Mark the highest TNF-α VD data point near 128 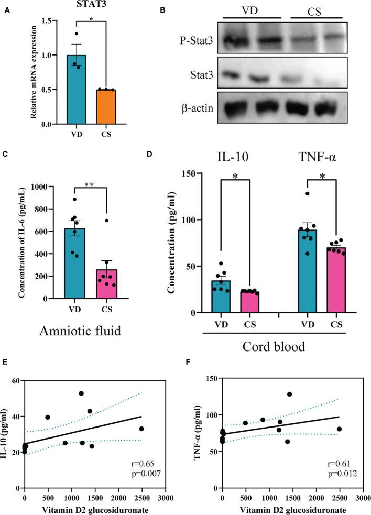tap(308, 194)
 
